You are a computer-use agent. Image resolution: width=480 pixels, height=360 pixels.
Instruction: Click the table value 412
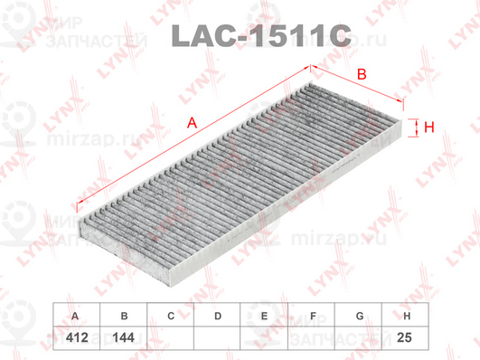[75, 336]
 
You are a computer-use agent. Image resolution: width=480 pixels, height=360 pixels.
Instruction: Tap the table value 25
[407, 336]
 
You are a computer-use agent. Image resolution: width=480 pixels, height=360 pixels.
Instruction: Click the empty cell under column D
[217, 336]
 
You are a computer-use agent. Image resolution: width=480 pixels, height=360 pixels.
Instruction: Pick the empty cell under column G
[359, 336]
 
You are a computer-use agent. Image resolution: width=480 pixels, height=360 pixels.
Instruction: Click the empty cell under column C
[170, 336]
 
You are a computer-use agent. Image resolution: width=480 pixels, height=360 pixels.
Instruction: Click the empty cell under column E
[264, 336]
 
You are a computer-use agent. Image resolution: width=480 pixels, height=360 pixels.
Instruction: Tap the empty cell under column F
[312, 336]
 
